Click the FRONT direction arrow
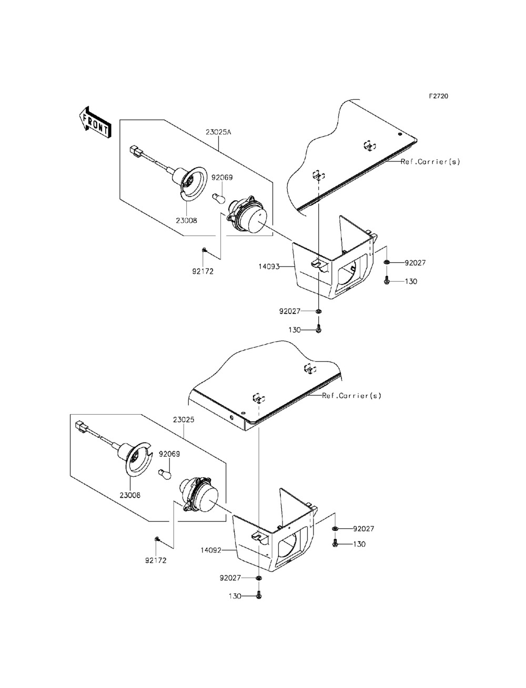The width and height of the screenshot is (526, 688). tap(95, 122)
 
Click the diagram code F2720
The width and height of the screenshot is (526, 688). tap(438, 97)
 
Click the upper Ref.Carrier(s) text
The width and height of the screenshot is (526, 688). tap(430, 161)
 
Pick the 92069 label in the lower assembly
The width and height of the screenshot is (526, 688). tap(169, 453)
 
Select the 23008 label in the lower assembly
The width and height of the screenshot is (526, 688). tap(130, 495)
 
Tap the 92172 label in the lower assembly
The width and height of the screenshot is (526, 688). tap(157, 560)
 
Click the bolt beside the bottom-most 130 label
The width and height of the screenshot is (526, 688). tap(259, 596)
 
